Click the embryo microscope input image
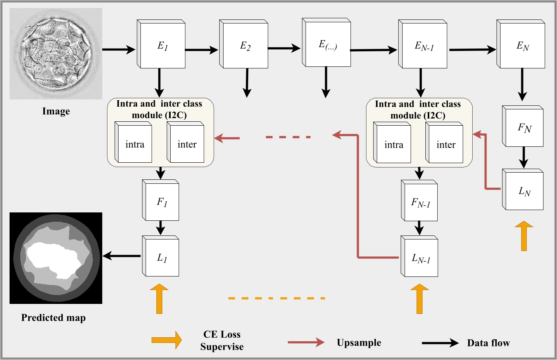coord(56,54)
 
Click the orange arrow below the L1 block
coord(159,299)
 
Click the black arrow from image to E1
coord(119,50)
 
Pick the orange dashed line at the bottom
coord(277,298)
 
